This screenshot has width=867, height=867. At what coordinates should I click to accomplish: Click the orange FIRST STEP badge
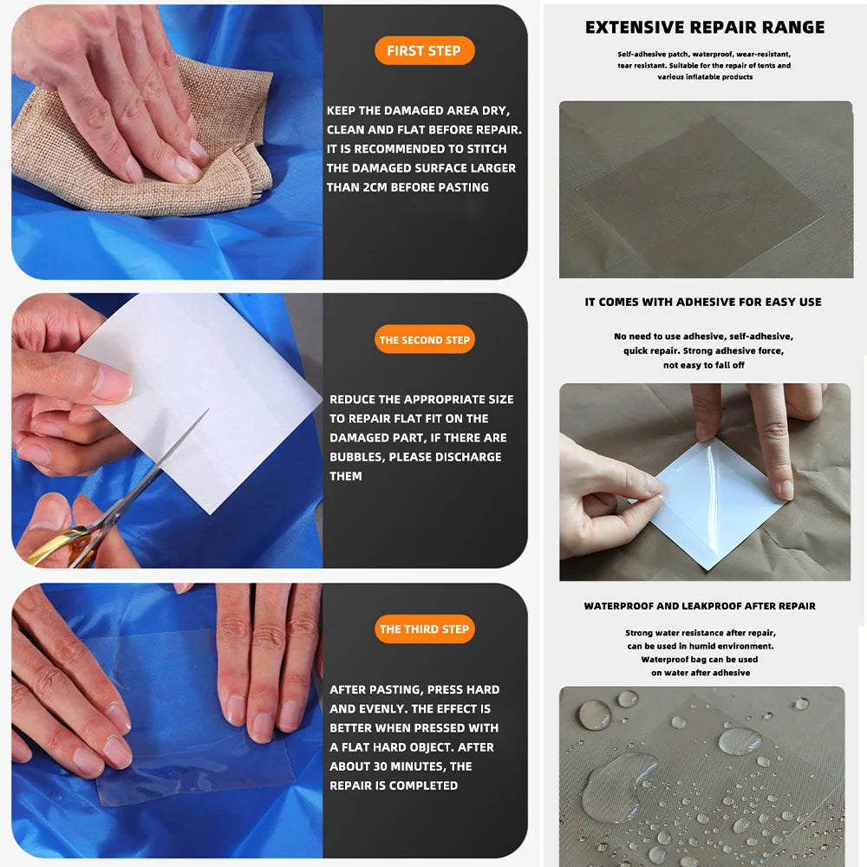[x=424, y=51]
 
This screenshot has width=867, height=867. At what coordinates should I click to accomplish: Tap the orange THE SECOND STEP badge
[x=424, y=340]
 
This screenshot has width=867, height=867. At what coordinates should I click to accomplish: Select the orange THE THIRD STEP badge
[x=424, y=629]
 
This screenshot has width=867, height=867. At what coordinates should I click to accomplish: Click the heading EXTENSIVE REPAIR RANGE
[x=704, y=27]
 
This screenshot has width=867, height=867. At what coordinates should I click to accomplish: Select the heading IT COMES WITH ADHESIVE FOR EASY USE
[x=703, y=302]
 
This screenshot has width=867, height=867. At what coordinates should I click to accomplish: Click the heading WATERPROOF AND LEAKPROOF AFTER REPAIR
[x=700, y=606]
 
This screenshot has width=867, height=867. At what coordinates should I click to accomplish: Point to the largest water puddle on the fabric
[x=617, y=785]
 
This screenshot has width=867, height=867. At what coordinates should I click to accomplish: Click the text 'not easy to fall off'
[x=703, y=365]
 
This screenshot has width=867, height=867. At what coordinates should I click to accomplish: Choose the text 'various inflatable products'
[x=704, y=77]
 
